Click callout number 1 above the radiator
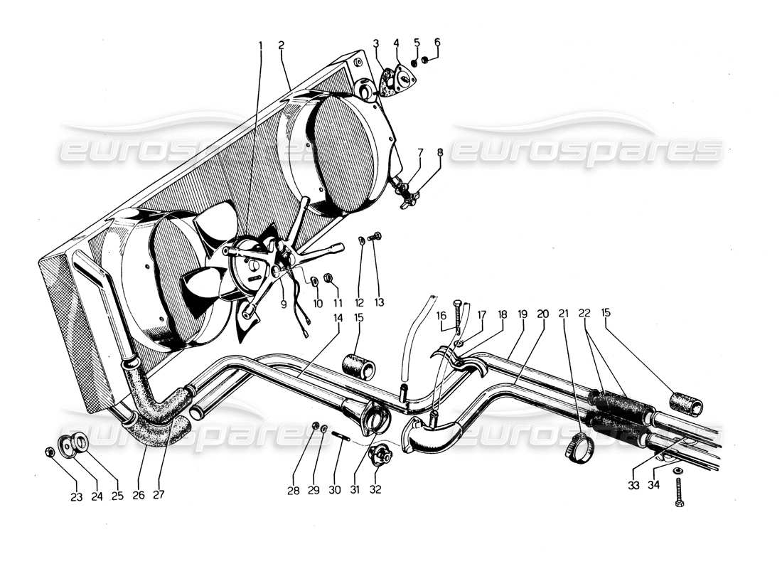pyautogui.click(x=261, y=45)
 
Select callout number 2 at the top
pyautogui.click(x=282, y=45)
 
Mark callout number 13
pyautogui.click(x=378, y=303)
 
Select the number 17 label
pyautogui.click(x=481, y=313)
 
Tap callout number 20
pyautogui.click(x=543, y=313)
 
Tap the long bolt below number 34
pyautogui.click(x=680, y=493)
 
